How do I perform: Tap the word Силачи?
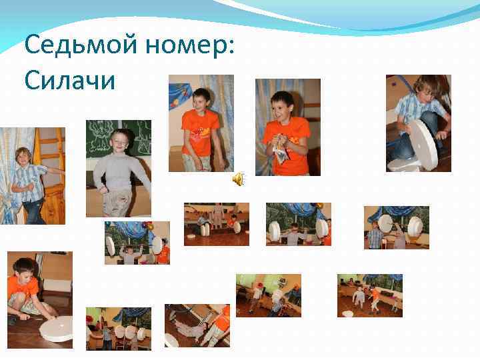click(x=69, y=81)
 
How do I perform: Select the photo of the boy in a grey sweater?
click(x=119, y=168)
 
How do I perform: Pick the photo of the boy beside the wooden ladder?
click(x=32, y=175)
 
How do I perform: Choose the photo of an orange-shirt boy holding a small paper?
click(x=288, y=127)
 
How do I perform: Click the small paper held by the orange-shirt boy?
click(x=281, y=154)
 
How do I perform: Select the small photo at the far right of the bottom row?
click(x=369, y=293)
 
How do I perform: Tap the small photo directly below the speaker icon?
click(x=217, y=224)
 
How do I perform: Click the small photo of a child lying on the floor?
click(x=197, y=325)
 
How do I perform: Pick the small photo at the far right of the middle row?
click(x=396, y=227)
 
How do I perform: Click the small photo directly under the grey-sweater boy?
click(x=137, y=243)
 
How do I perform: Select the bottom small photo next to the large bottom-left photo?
click(x=118, y=328)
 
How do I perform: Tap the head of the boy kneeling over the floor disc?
click(x=23, y=266)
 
